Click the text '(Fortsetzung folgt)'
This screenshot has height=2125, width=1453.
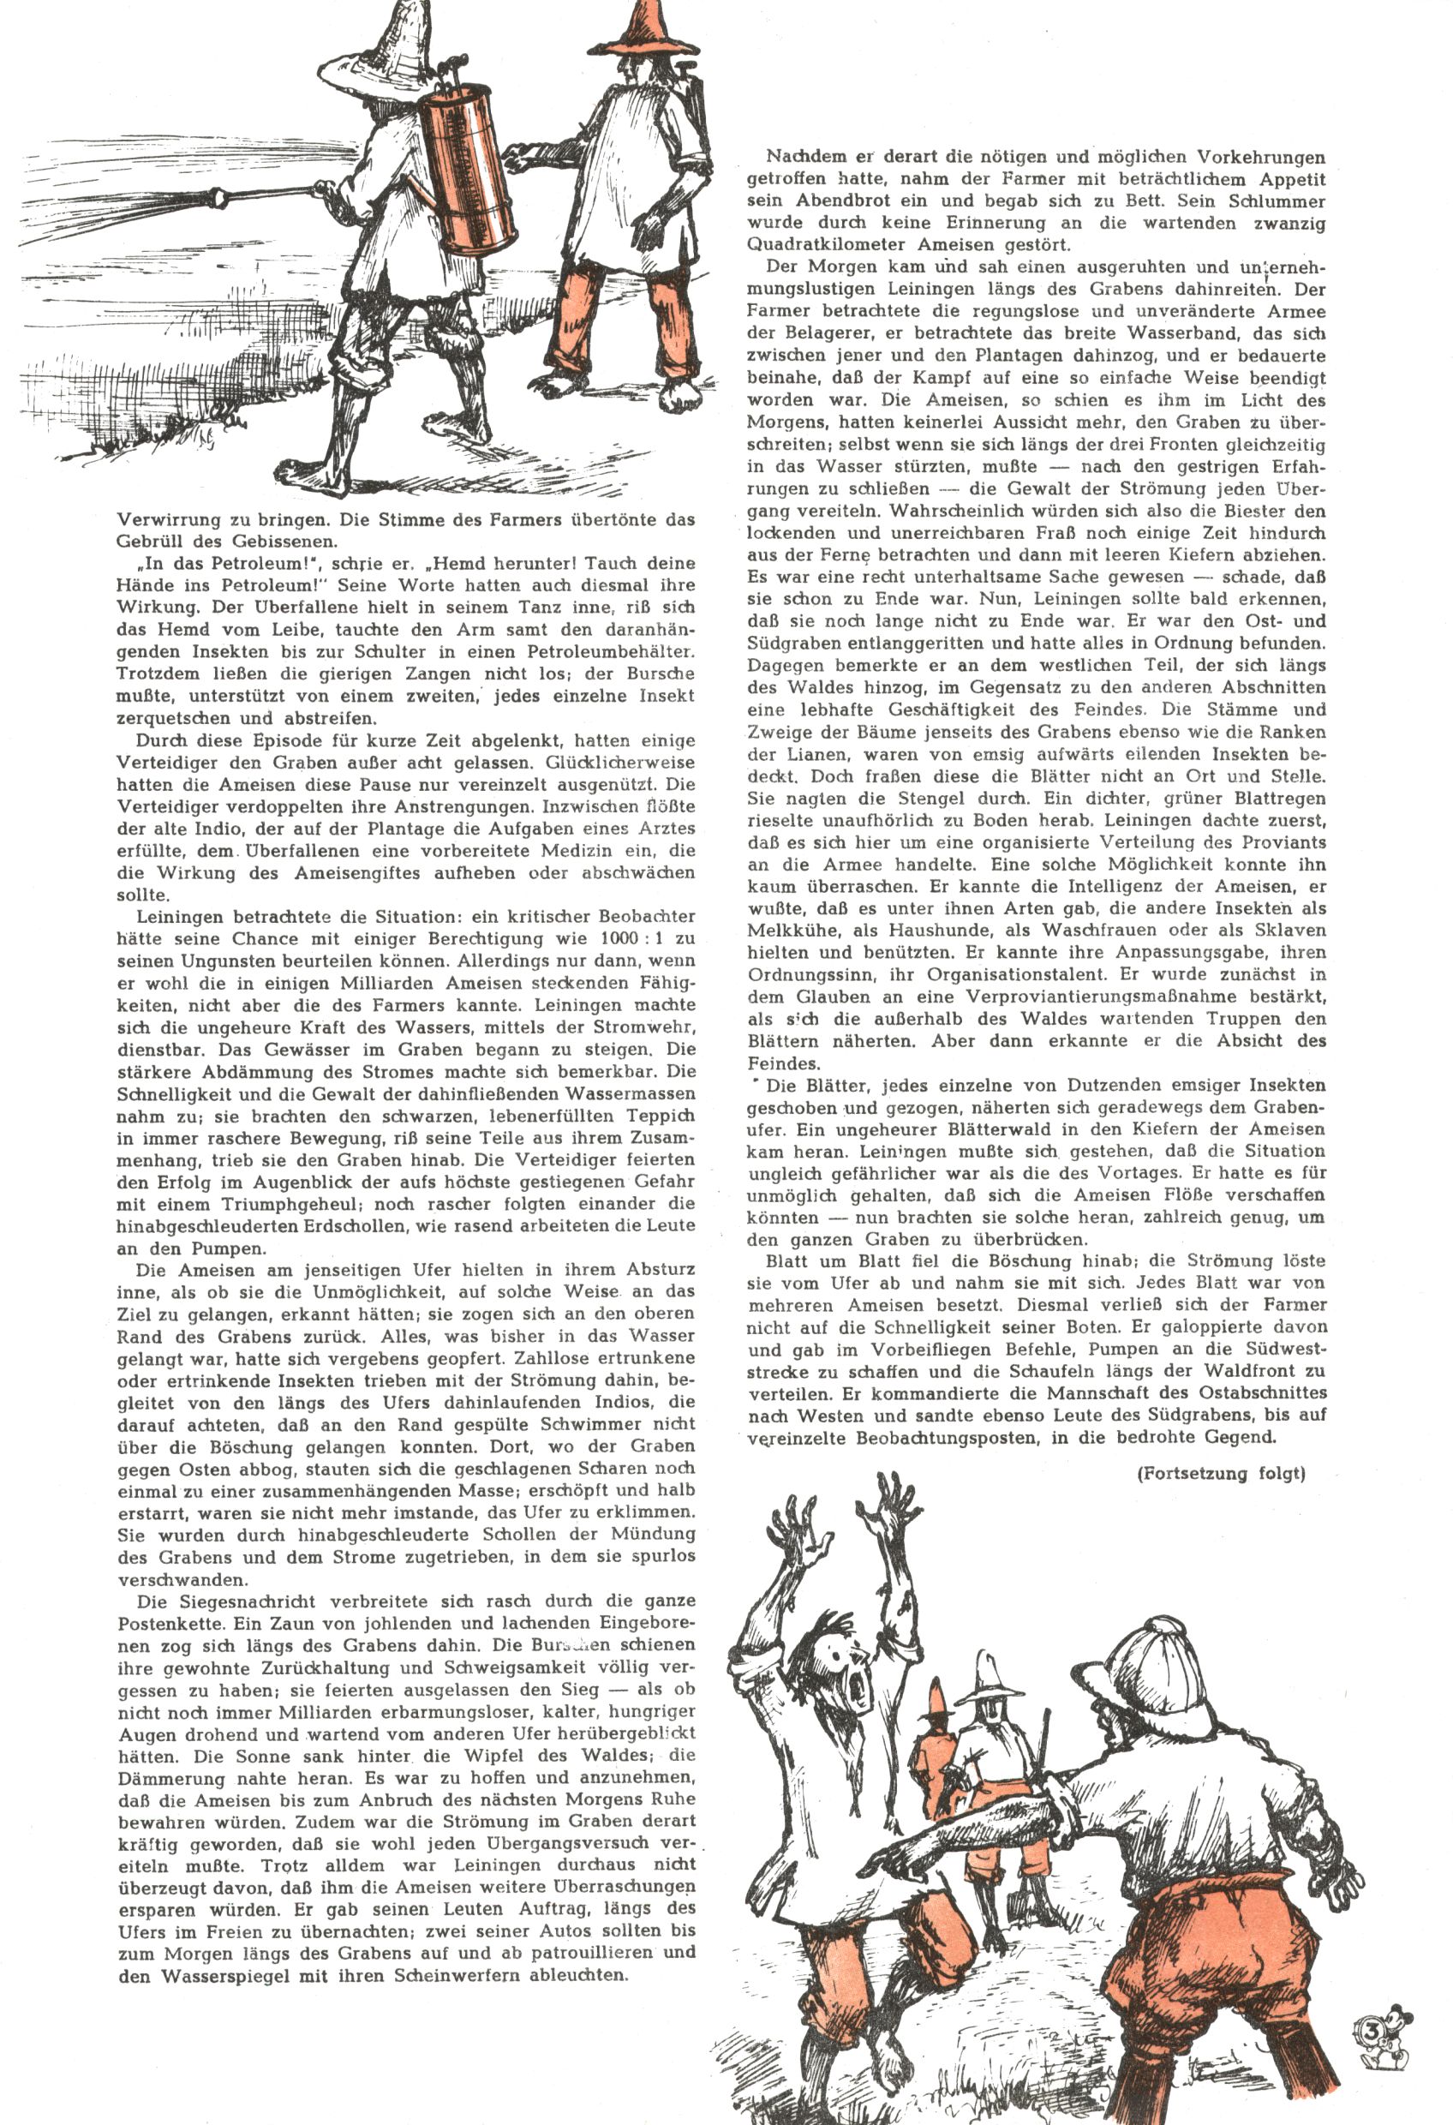(1220, 1473)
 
